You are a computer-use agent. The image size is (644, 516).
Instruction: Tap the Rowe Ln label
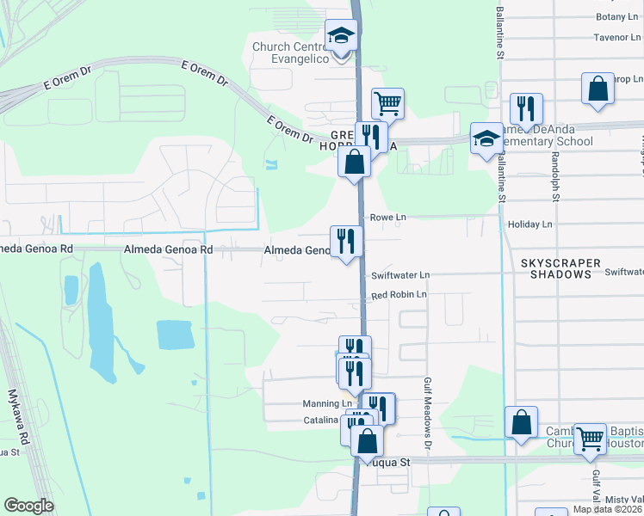point(387,218)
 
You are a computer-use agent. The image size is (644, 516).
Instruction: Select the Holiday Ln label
point(531,224)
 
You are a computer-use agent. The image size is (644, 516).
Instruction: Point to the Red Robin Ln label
point(399,295)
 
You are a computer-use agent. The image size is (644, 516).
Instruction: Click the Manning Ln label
point(327,403)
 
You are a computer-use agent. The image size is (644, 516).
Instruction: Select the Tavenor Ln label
point(617,38)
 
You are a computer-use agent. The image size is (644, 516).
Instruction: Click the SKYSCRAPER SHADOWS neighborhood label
point(556,267)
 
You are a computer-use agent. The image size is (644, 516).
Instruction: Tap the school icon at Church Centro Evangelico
point(340,37)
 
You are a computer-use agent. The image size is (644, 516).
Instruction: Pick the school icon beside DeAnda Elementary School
point(486,138)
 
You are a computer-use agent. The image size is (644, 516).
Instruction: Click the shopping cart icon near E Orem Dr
point(387,103)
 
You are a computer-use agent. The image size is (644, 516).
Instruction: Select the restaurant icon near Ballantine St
point(525,107)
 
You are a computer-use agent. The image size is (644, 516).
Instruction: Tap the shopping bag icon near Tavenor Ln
point(598,89)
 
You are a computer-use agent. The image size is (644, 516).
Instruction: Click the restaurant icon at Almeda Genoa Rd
point(346,241)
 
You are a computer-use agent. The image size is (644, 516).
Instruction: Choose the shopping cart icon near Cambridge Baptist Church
point(590,439)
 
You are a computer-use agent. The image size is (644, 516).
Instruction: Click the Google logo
point(28,506)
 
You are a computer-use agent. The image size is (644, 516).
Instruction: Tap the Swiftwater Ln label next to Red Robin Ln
point(399,275)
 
